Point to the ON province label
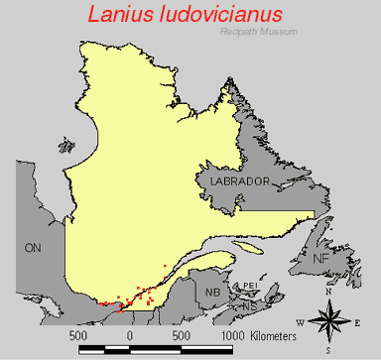tap(33, 247)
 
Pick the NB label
tap(212, 293)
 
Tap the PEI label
tap(250, 286)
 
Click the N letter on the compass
tap(328, 293)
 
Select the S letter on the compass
tap(327, 351)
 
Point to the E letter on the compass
tap(357, 322)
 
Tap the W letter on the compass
tap(300, 322)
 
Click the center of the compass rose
tap(328, 321)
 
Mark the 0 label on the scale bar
tap(129, 335)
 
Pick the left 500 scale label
tap(78, 335)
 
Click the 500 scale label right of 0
tap(181, 335)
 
